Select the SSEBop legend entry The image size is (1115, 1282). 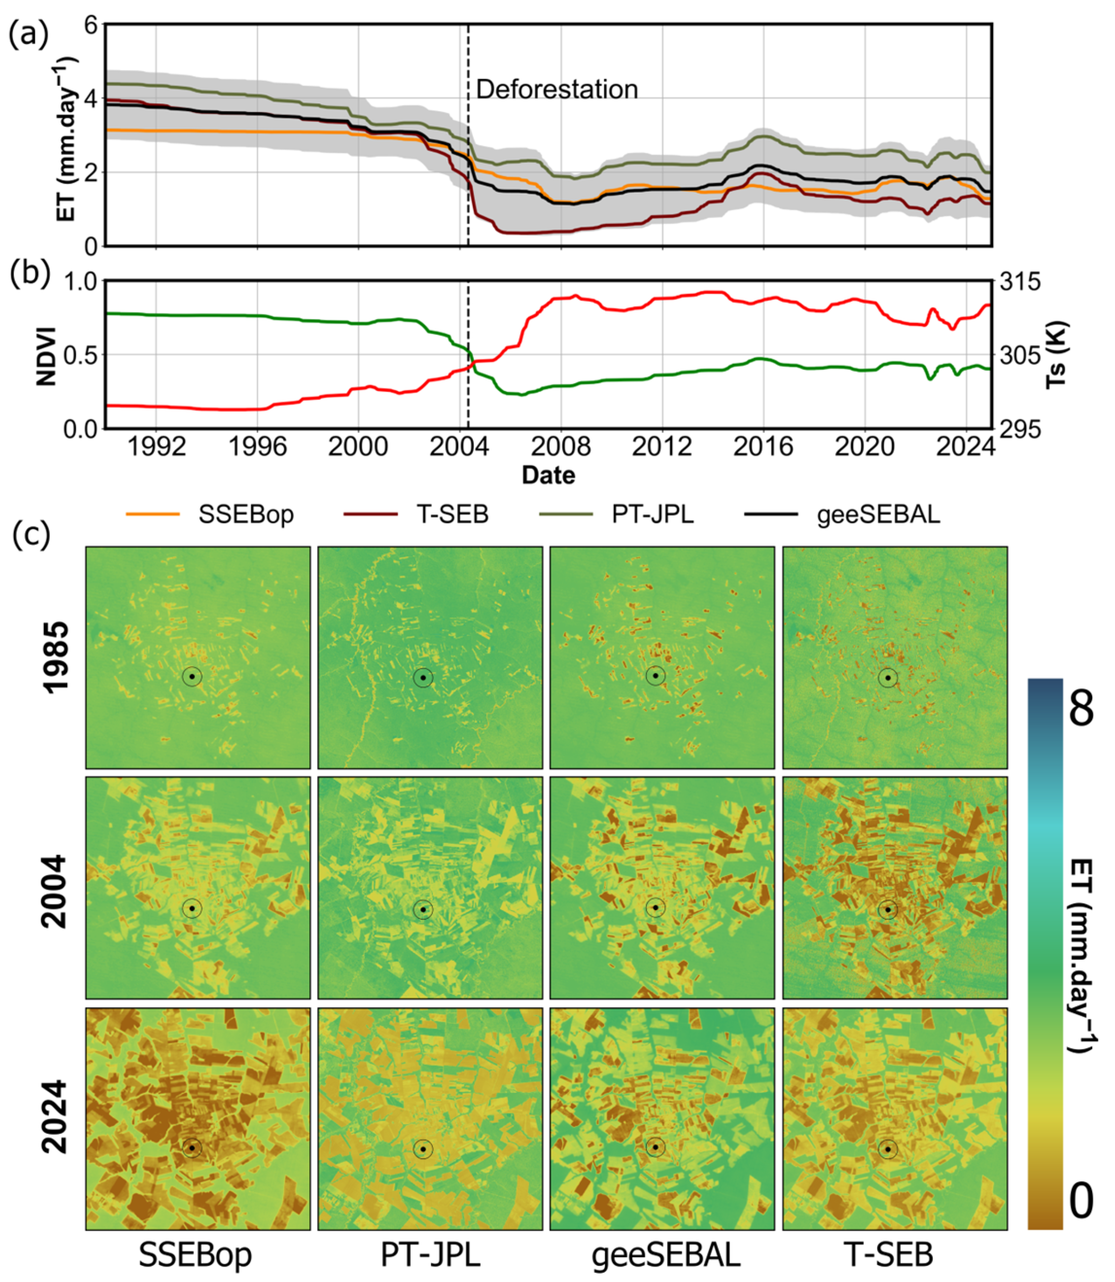coord(246,514)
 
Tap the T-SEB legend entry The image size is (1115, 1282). coord(452,514)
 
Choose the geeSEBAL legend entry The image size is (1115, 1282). coord(878,514)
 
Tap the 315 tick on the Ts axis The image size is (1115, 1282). coord(1020,282)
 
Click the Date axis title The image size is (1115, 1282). coord(548,475)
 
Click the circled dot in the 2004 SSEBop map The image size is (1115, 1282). coord(192,908)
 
